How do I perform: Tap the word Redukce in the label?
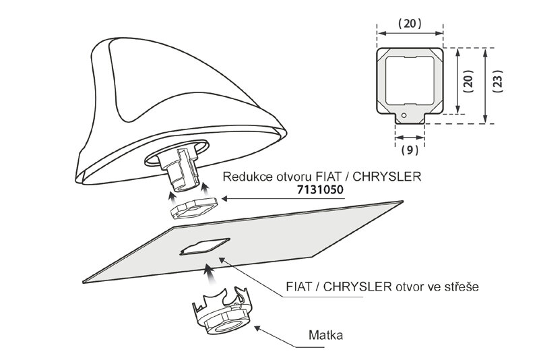[x=243, y=178]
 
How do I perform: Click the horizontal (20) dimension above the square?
[x=409, y=22]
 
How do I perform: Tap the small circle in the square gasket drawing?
[x=403, y=115]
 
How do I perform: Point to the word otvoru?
[x=293, y=178]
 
